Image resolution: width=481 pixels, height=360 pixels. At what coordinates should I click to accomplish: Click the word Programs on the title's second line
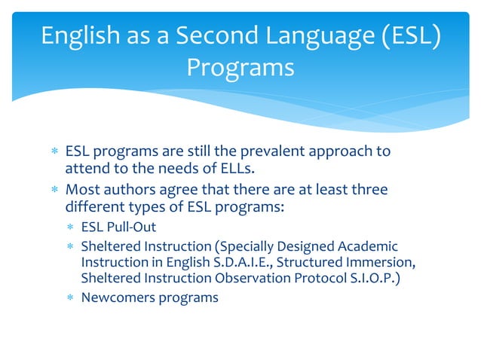[240, 68]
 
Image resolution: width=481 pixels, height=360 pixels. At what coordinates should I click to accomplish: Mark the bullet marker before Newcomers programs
[69, 297]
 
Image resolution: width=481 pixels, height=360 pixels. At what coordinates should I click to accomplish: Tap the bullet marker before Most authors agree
[54, 190]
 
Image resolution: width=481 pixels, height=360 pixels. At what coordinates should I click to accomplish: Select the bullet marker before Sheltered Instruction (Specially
[69, 247]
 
